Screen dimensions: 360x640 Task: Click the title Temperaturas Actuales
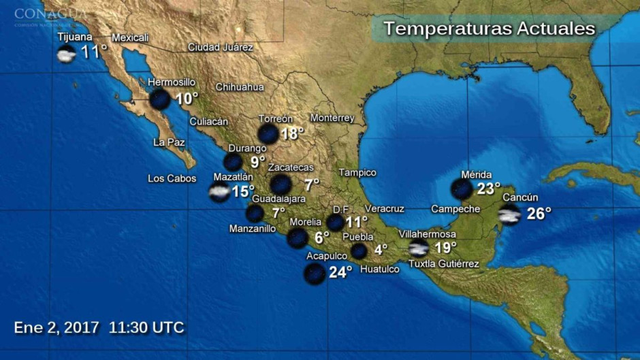pos(489,29)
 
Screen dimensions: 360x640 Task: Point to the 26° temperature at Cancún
pos(539,214)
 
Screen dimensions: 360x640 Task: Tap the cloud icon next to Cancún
pos(509,215)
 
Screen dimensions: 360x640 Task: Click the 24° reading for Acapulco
pos(340,272)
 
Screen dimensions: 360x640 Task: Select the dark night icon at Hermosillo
pos(160,99)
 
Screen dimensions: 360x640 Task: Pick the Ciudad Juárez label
pos(220,48)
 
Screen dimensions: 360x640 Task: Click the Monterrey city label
pos(332,118)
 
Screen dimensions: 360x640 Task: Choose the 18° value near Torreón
pos(292,133)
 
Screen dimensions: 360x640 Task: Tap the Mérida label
pos(476,175)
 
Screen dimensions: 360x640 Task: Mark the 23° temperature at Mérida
pos(488,189)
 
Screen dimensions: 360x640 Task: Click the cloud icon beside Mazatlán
pos(219,193)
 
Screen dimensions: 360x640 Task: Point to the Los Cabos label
pos(172,178)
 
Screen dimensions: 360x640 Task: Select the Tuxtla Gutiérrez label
pos(443,264)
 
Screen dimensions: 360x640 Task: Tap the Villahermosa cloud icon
pos(418,248)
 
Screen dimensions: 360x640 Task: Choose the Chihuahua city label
pos(239,87)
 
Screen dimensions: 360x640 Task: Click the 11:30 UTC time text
pos(146,327)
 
